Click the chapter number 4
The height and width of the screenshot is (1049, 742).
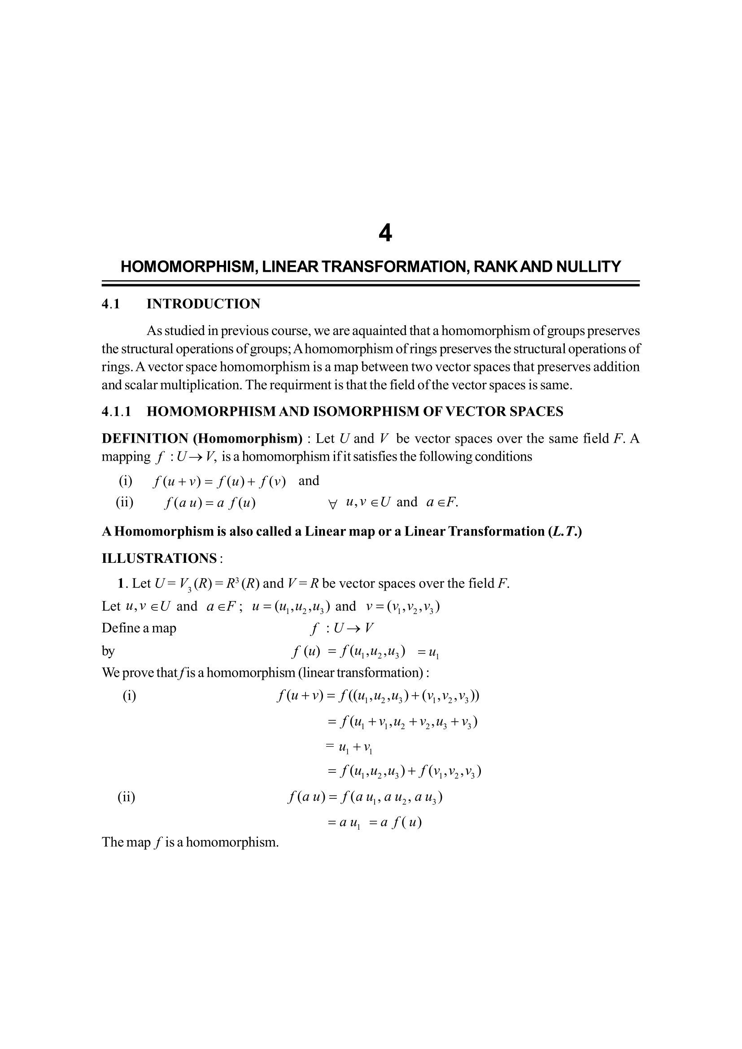(385, 234)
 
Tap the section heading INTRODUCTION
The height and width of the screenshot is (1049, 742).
(203, 304)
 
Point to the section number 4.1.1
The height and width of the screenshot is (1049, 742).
(116, 412)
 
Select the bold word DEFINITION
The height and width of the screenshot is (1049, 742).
(144, 439)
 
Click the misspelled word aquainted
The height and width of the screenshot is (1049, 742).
(372, 331)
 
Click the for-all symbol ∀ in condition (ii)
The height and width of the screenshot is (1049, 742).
(332, 504)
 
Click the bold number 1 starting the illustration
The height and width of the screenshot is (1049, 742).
(121, 583)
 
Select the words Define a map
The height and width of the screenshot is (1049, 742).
(139, 628)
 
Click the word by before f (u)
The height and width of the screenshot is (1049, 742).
(108, 651)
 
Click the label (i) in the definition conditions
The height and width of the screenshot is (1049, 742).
(126, 481)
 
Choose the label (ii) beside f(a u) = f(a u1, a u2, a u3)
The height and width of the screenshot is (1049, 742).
(127, 797)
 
